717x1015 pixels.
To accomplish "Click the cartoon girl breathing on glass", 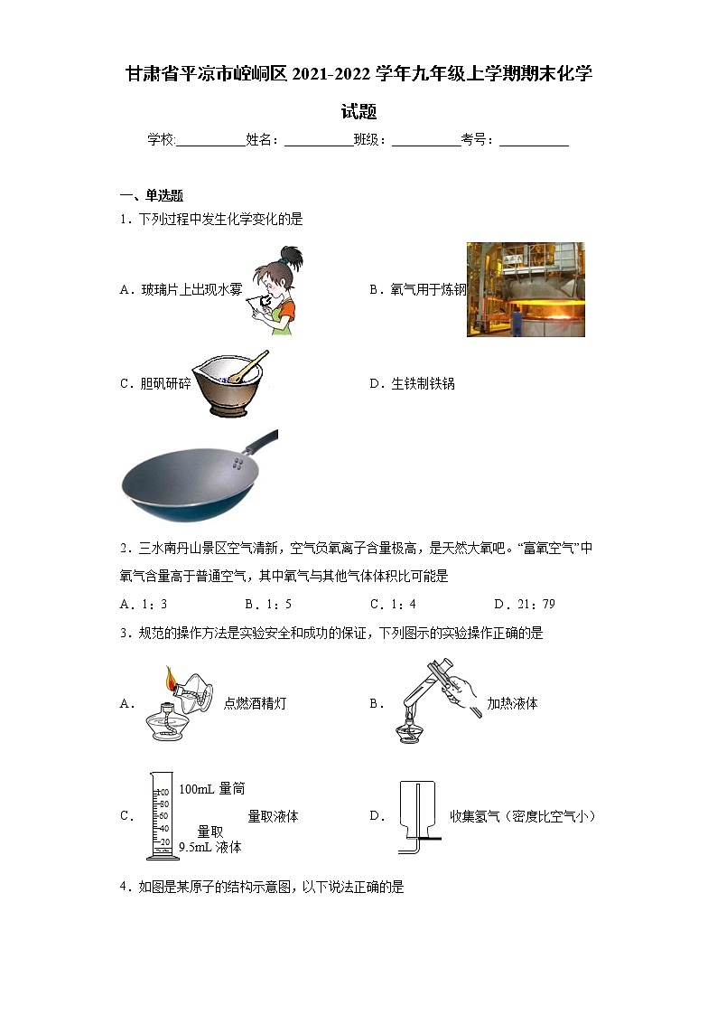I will click(x=274, y=290).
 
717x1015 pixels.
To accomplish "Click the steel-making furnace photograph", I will click(x=525, y=289).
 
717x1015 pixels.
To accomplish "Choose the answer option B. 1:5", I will click(x=268, y=604).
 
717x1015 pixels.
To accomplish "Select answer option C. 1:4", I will click(x=393, y=604).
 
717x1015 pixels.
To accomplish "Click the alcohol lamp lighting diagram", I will click(x=177, y=703).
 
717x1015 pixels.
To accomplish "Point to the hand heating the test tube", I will click(x=462, y=695).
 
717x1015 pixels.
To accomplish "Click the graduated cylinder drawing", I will click(x=160, y=816).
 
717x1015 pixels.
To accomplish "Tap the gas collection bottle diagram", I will click(x=417, y=816).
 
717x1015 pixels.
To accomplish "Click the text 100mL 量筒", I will click(x=211, y=789).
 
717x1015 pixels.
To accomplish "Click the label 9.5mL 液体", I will click(x=210, y=847).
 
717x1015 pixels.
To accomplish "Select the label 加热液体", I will click(x=512, y=703).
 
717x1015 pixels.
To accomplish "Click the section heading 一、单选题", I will click(x=152, y=195).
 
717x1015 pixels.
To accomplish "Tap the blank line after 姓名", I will click(x=318, y=141).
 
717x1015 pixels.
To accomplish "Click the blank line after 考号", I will click(x=534, y=141).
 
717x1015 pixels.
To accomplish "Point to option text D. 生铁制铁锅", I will click(x=412, y=383).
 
